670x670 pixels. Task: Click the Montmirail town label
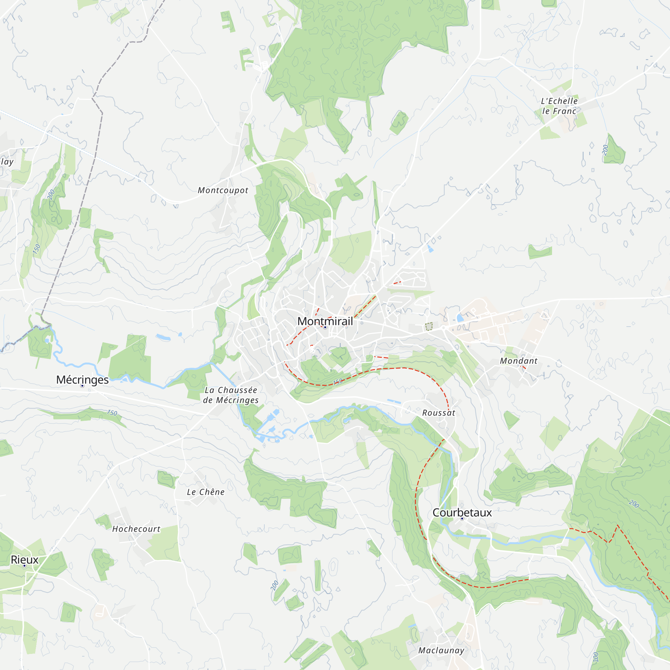pos(325,321)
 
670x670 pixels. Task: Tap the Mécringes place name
pos(82,380)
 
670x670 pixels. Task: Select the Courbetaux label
pos(462,513)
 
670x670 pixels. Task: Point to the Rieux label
pos(24,560)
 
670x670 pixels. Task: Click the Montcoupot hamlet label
pos(223,190)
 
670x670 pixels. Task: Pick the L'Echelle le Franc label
pos(559,106)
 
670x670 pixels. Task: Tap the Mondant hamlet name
pos(519,361)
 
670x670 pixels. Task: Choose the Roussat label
pos(439,413)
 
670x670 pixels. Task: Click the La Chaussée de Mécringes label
pos(230,395)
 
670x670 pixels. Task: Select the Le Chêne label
pos(206,492)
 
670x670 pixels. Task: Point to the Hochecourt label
pos(136,529)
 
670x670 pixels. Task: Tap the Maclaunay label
pos(441,651)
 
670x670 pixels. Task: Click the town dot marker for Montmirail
pos(325,327)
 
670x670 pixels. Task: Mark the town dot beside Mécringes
pos(82,386)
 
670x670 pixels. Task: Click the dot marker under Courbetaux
pos(462,519)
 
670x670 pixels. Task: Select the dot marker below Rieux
pos(24,565)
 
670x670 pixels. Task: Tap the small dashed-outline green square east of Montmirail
pos(429,326)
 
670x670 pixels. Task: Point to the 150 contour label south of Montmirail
pos(338,382)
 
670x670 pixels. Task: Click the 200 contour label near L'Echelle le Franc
pos(605,150)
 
